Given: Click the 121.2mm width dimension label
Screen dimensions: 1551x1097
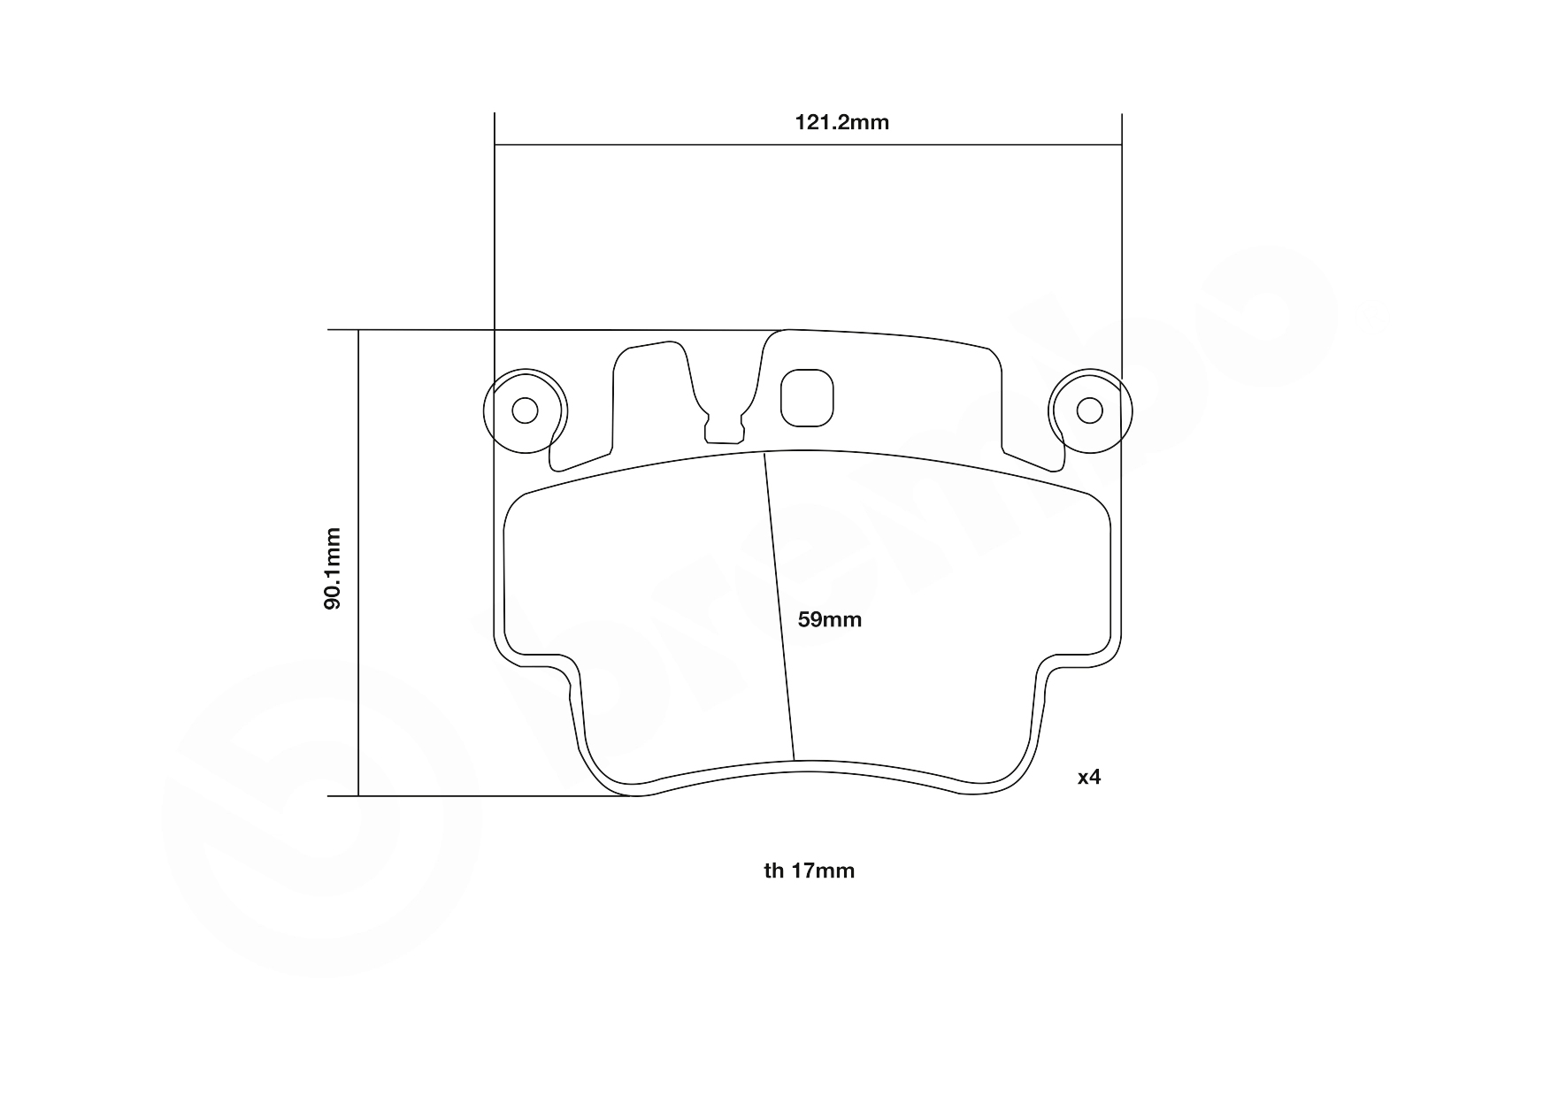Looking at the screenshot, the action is pyautogui.click(x=841, y=122).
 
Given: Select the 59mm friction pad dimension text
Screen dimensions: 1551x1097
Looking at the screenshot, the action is pyautogui.click(x=829, y=619).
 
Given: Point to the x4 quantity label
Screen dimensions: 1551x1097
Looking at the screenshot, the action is pyautogui.click(x=1089, y=777).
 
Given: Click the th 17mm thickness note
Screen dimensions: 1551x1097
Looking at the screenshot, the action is pyautogui.click(x=810, y=871).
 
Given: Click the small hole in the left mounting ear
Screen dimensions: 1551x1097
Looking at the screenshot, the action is pyautogui.click(x=526, y=410).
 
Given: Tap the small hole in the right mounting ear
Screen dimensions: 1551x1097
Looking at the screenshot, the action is pyautogui.click(x=1089, y=410).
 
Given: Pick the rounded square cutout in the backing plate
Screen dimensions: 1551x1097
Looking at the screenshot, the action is pyautogui.click(x=807, y=396).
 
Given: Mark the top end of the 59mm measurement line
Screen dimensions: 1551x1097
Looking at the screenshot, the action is pyautogui.click(x=764, y=453).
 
